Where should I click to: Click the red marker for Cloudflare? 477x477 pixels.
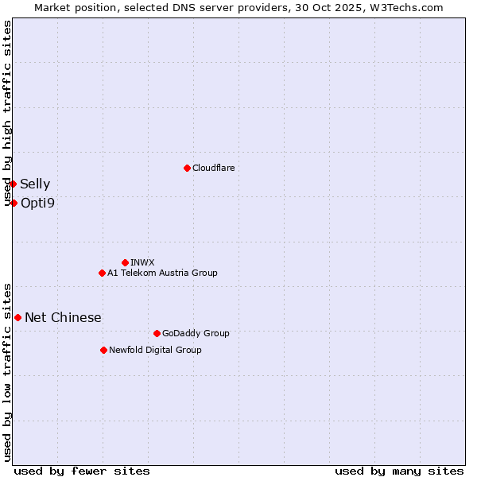coord(187,168)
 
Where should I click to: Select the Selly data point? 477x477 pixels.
coord(13,184)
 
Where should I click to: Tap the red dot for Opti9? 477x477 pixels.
coord(14,203)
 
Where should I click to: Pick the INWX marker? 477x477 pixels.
coord(125,262)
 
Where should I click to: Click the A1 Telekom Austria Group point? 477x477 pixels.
coord(102,273)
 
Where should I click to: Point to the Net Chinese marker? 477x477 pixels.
coord(17,317)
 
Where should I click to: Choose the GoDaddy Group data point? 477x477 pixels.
coord(157,333)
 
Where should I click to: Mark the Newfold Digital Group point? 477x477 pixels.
coord(103,350)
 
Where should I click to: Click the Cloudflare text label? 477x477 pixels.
coord(213,168)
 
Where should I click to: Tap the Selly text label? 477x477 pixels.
coord(35,184)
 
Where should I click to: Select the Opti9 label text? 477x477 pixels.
coord(37,204)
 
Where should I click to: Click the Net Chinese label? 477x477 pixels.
coord(63,318)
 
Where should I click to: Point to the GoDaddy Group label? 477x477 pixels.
coord(196,334)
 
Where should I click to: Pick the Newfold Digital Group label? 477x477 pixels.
coord(155,351)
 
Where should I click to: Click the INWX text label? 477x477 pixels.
coord(142,262)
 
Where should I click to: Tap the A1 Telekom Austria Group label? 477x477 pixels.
coord(162,273)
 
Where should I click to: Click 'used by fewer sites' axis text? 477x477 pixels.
coord(82,471)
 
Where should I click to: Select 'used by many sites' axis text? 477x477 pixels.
coord(399,471)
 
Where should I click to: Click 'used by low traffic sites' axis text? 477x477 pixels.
coord(8,371)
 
